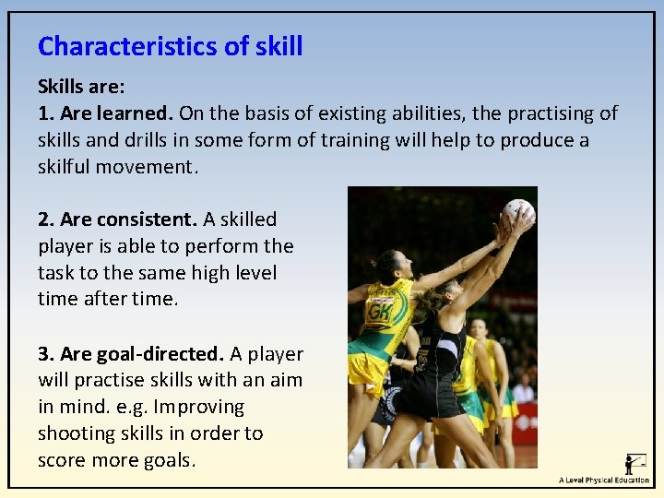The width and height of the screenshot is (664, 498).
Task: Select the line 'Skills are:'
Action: tap(81, 87)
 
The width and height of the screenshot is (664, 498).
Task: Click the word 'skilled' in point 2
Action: tap(248, 219)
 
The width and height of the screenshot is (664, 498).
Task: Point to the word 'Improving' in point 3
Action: tap(199, 407)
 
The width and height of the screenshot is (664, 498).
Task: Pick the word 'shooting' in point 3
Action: tap(77, 433)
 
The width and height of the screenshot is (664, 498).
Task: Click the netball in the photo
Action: tap(519, 211)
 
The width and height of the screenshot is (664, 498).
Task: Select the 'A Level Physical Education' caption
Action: tap(604, 480)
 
